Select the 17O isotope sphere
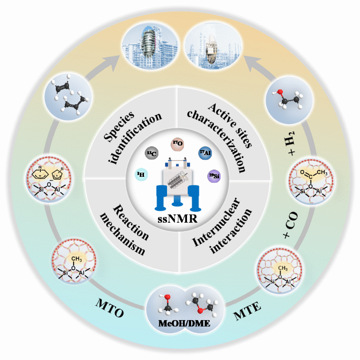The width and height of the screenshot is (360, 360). pos(177,144)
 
